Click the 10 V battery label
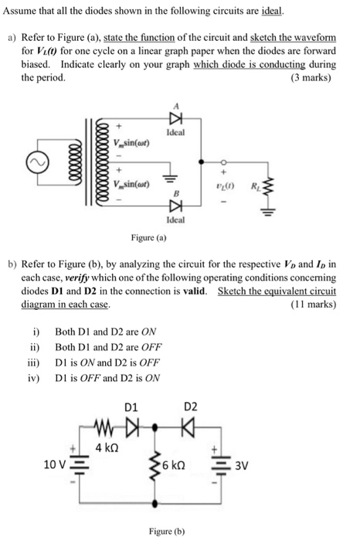click(55, 464)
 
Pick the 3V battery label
click(241, 466)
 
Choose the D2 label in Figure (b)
click(191, 406)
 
